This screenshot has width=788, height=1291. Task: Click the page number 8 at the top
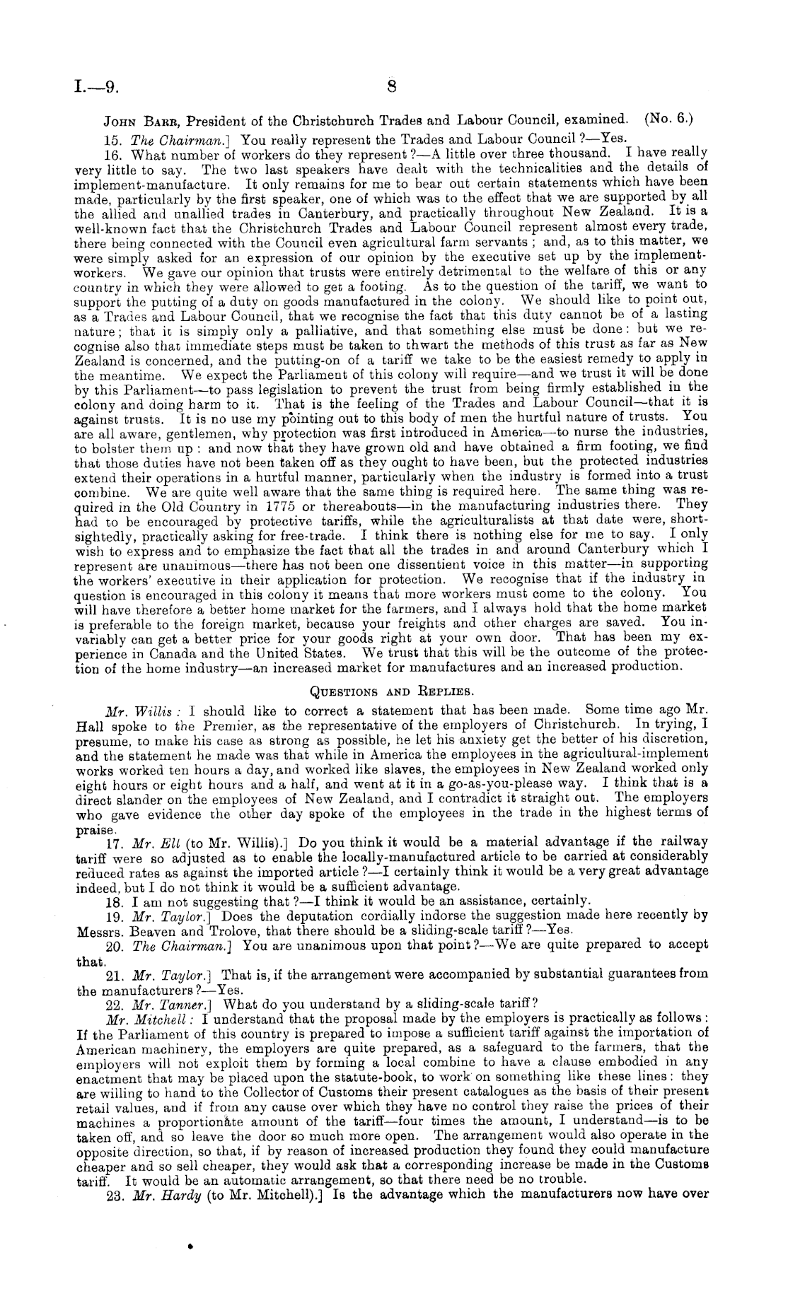(393, 87)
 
